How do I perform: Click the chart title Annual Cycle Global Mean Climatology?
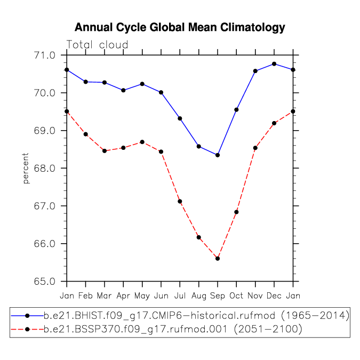180,28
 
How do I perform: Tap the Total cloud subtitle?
97,45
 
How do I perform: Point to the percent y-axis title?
26,169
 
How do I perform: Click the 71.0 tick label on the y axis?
45,55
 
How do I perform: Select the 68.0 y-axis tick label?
45,169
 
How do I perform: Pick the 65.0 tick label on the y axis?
45,281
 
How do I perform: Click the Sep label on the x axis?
218,296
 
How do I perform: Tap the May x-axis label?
142,296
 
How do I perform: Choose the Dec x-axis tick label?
274,295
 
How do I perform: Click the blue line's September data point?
218,155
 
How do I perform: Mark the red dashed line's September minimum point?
218,259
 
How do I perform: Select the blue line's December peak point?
274,64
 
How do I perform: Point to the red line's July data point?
180,202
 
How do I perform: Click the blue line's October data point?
236,110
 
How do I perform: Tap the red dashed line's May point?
142,142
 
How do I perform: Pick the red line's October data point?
236,212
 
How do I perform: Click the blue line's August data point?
199,147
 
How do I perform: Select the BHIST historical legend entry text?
196,316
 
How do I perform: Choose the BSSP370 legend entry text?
173,330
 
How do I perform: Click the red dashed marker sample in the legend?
27,330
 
